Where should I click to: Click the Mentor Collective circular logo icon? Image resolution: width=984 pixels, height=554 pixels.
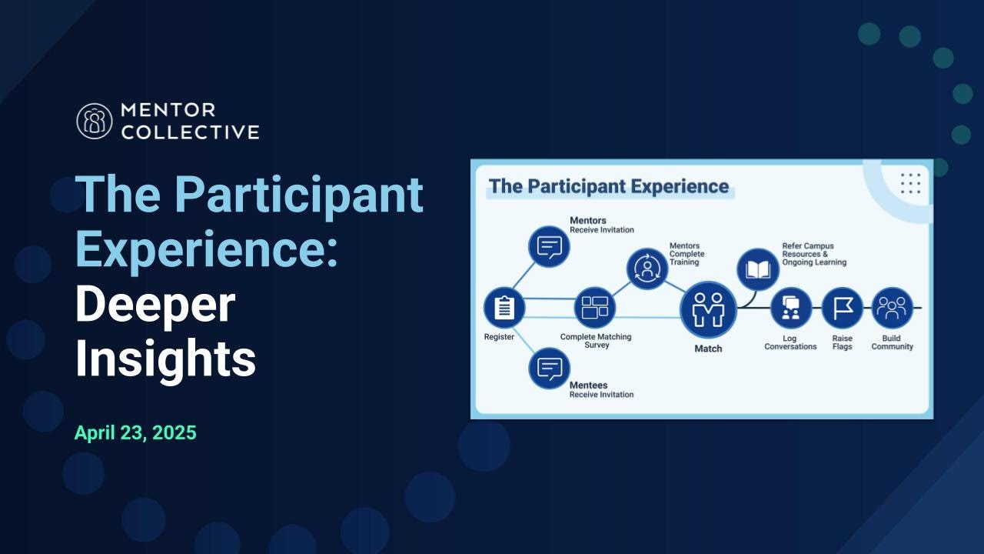pyautogui.click(x=95, y=121)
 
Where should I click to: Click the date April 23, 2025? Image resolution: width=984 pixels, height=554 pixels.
pyautogui.click(x=135, y=432)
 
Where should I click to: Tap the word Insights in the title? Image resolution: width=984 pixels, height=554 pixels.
pyautogui.click(x=165, y=358)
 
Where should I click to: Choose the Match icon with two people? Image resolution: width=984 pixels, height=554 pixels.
pyautogui.click(x=708, y=309)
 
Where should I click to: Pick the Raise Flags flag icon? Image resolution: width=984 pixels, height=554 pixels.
pyautogui.click(x=842, y=308)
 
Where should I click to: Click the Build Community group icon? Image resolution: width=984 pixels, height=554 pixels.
pyautogui.click(x=892, y=308)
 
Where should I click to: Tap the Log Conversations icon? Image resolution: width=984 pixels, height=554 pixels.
pyautogui.click(x=790, y=308)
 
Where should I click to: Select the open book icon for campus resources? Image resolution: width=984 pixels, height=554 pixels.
pyautogui.click(x=758, y=269)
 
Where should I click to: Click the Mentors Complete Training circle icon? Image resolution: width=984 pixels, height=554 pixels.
pyautogui.click(x=647, y=269)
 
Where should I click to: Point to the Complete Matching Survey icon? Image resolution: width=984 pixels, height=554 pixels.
pyautogui.click(x=595, y=308)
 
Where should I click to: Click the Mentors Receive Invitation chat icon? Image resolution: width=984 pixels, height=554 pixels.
pyautogui.click(x=549, y=247)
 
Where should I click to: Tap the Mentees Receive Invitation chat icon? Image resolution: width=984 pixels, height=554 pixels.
pyautogui.click(x=549, y=369)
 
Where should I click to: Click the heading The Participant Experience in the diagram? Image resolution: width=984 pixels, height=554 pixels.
pyautogui.click(x=609, y=186)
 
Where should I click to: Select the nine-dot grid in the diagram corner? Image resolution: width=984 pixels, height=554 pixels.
pyautogui.click(x=910, y=183)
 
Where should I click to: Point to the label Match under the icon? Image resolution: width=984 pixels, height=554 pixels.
pyautogui.click(x=708, y=349)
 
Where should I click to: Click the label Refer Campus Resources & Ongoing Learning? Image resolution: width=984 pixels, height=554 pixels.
pyautogui.click(x=813, y=254)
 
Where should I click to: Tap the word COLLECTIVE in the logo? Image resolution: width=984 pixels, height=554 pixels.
pyautogui.click(x=190, y=132)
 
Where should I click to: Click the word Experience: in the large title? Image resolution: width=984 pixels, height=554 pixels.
pyautogui.click(x=207, y=248)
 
